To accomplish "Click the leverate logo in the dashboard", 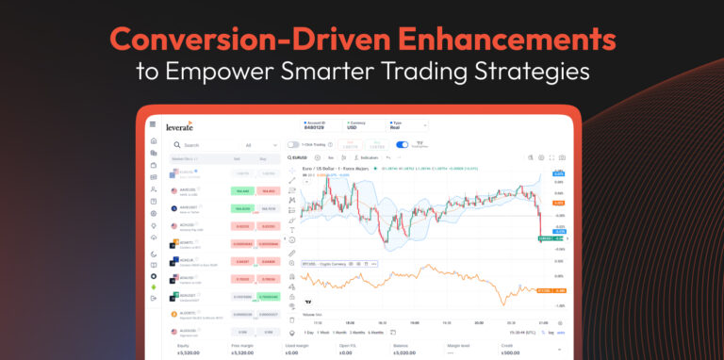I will (179, 124).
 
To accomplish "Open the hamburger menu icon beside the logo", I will (153, 124).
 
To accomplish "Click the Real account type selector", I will (399, 126).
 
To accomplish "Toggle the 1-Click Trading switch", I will (293, 145).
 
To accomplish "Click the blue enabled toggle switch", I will (403, 145).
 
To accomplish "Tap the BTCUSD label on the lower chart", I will (308, 265).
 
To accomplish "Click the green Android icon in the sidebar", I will (154, 286).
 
